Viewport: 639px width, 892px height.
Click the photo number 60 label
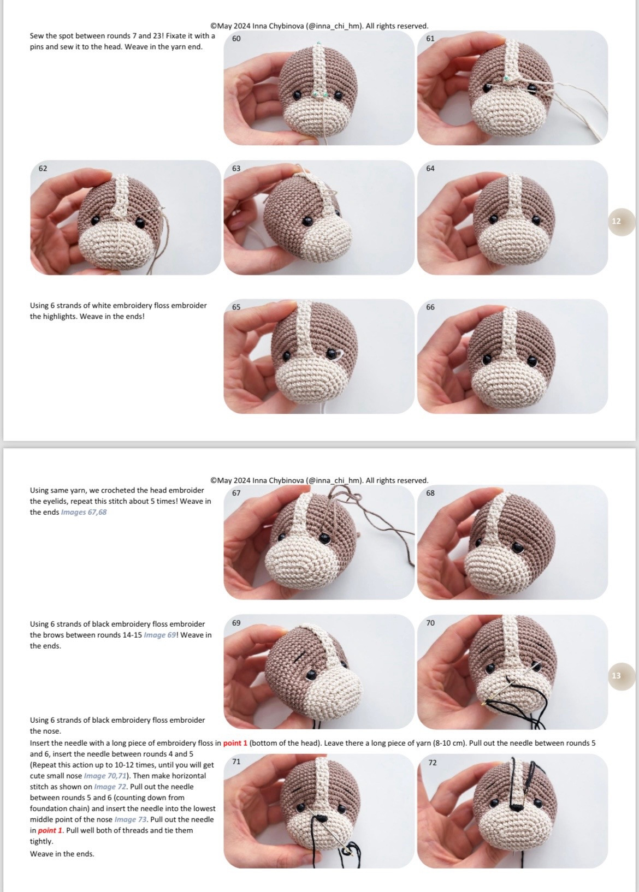coord(236,39)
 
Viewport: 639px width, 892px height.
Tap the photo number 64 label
coord(430,169)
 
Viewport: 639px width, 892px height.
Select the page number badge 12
coord(617,221)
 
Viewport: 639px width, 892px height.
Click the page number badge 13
coord(617,676)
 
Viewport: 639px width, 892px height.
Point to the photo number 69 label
coord(236,623)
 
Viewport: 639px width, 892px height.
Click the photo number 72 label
coord(433,763)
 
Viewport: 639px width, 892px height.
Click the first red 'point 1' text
coord(235,743)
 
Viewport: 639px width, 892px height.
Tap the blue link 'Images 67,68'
coord(84,512)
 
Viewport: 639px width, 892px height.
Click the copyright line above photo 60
coord(319,26)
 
